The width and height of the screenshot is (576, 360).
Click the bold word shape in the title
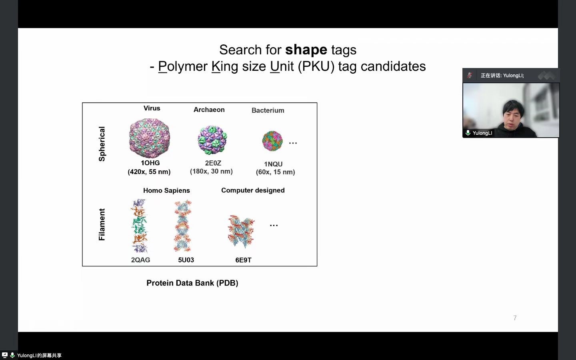coord(306,50)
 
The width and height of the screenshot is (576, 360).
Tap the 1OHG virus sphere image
coord(150,138)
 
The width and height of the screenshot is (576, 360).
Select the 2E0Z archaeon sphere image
coord(212,140)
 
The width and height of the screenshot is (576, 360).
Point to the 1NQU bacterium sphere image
coord(272,141)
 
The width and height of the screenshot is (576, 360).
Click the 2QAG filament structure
coord(139,226)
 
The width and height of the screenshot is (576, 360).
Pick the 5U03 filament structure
coord(182,226)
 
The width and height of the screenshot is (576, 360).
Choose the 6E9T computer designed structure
coord(241,231)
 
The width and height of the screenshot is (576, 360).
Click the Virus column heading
coord(152,108)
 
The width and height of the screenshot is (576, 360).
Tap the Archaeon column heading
coord(209,110)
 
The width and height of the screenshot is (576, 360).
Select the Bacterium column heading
coord(268,110)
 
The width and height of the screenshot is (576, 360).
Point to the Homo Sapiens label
coord(166,190)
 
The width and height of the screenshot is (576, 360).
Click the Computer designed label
coord(253,190)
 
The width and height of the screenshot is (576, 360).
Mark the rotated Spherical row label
coord(102,144)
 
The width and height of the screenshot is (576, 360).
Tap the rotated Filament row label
coord(102,224)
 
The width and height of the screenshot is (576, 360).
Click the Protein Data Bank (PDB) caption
coord(192,283)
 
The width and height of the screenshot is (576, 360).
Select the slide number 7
coord(515,318)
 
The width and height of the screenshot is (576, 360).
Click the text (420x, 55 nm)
coord(149,172)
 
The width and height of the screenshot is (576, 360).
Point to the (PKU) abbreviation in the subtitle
coord(316,66)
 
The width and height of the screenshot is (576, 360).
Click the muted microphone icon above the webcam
coord(470,75)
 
